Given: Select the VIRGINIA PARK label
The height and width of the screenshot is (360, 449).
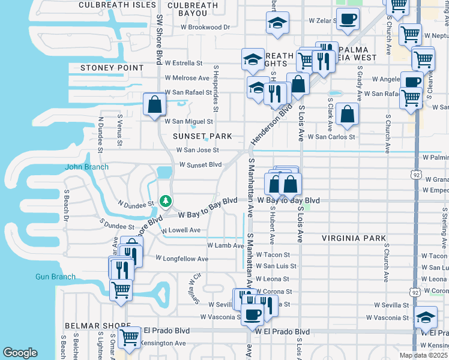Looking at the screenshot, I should [354, 238].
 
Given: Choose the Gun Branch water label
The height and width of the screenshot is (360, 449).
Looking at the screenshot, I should [55, 277].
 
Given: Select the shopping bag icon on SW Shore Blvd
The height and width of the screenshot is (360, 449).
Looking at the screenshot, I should [155, 104].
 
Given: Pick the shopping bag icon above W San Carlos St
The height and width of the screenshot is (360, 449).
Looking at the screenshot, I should [347, 113].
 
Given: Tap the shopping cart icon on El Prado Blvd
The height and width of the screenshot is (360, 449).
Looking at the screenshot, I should [128, 337].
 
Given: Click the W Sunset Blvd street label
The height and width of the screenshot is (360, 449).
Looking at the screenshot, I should [200, 164].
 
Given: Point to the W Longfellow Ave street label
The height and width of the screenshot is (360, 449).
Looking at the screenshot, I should [181, 259].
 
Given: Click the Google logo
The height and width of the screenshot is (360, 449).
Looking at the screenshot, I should [20, 353].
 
